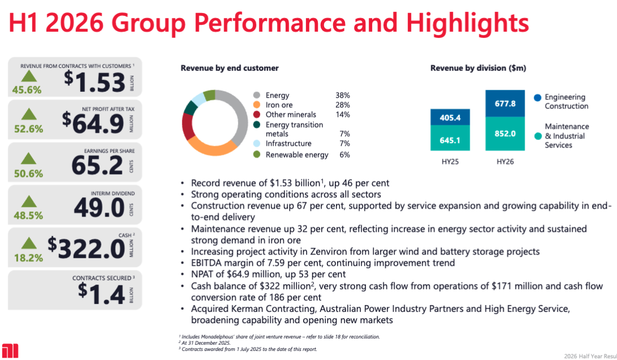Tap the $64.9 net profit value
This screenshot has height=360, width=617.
[93, 122]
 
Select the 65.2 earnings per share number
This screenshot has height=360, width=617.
[97, 166]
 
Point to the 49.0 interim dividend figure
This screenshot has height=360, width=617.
[99, 207]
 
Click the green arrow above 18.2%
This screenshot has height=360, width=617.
[28, 244]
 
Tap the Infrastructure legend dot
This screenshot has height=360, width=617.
[257, 144]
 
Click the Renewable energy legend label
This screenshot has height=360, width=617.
[297, 155]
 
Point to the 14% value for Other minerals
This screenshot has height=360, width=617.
[342, 115]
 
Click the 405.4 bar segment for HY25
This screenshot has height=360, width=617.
[450, 118]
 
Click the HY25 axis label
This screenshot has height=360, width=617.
[450, 162]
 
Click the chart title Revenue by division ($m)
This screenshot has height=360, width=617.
[478, 68]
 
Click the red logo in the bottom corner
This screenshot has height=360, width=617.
[10, 350]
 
